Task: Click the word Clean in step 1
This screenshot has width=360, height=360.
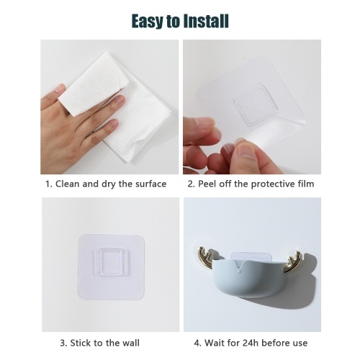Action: pyautogui.click(x=68, y=184)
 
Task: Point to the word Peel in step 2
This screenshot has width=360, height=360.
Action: pyautogui.click(x=206, y=184)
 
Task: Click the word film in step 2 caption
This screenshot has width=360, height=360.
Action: pyautogui.click(x=306, y=184)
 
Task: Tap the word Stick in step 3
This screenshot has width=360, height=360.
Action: pyautogui.click(x=79, y=343)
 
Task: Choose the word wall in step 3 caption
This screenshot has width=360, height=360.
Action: pyautogui.click(x=131, y=343)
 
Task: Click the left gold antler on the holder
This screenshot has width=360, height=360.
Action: pyautogui.click(x=204, y=257)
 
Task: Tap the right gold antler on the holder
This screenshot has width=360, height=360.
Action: pyautogui.click(x=292, y=262)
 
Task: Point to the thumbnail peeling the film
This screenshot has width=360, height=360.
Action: pyautogui.click(x=246, y=150)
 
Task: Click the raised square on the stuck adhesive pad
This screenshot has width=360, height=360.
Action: pyautogui.click(x=111, y=261)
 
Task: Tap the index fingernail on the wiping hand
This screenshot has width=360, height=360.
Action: pyautogui.click(x=120, y=99)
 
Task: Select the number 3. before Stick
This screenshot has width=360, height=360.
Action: pyautogui.click(x=63, y=343)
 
